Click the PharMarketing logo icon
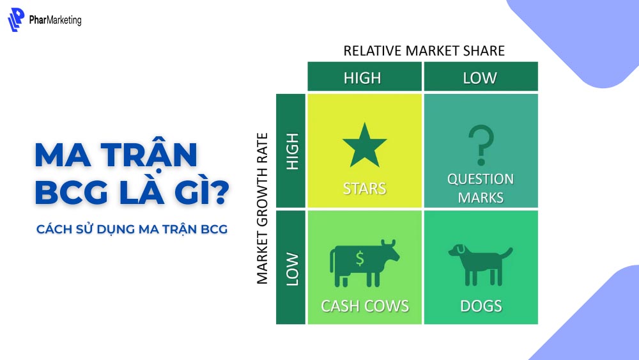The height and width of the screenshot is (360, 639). click(16, 20)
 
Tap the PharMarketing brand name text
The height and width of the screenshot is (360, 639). click(55, 20)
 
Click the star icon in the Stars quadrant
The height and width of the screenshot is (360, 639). click(365, 145)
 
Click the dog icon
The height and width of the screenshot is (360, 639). click(480, 262)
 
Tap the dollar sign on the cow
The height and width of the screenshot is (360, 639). click(360, 258)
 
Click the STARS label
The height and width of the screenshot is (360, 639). click(365, 189)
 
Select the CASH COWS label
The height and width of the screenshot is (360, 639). click(365, 306)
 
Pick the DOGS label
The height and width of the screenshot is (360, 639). click(481, 306)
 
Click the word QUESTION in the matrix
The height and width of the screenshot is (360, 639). click(481, 179)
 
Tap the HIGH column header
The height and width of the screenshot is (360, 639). click(362, 78)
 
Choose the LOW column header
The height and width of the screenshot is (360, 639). click(480, 78)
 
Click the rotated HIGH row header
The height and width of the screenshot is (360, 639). click(293, 152)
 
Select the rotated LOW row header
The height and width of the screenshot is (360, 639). click(293, 269)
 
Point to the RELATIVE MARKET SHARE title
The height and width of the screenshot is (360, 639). click(424, 51)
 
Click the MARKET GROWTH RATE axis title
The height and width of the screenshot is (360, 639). click(263, 208)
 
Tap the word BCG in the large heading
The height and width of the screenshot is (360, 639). click(70, 193)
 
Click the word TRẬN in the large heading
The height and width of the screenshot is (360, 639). click(150, 156)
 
